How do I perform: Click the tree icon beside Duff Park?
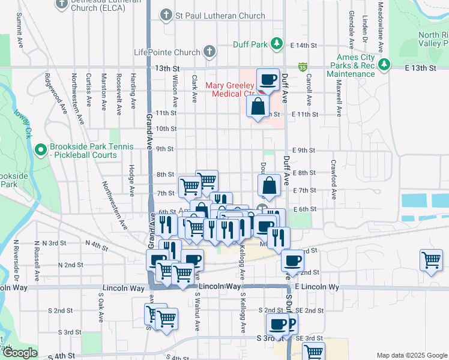click(x=276, y=43)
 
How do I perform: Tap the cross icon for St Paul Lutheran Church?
click(x=166, y=15)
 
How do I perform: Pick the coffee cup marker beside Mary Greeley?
click(x=268, y=79)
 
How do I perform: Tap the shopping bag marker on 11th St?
click(x=258, y=107)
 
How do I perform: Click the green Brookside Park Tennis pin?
click(x=41, y=149)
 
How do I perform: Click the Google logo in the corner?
click(x=20, y=353)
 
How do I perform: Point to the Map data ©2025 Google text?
click(x=411, y=355)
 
